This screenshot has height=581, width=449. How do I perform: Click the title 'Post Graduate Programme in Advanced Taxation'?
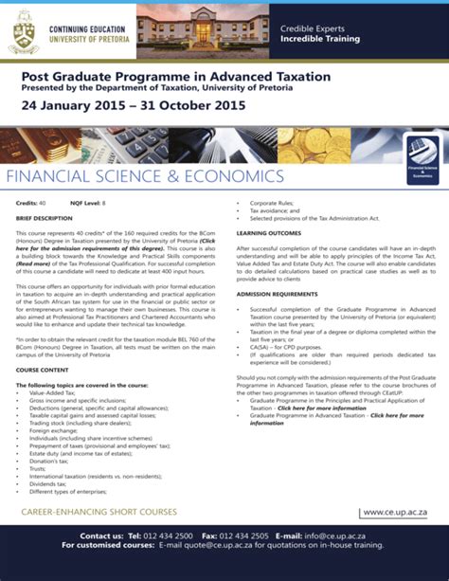tap(176, 75)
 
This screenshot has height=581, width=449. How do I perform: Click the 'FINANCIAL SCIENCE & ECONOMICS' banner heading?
tap(143, 177)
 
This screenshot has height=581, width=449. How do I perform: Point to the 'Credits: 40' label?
tap(30, 204)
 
